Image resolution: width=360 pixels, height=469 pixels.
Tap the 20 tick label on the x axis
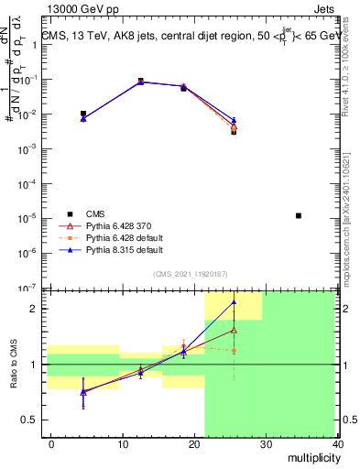[x=193, y=443]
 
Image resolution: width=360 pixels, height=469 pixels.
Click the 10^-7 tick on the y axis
[x=32, y=288]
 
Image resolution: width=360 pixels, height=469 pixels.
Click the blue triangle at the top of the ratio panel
[x=234, y=301]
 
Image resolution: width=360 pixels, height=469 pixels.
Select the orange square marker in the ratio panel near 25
[x=234, y=351]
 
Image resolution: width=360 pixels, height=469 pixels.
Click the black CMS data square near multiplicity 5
[x=83, y=114]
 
